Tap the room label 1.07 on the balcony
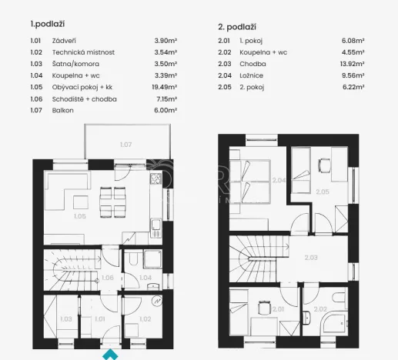click(x=125, y=144)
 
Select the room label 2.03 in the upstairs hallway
click(x=311, y=258)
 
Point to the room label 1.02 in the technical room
click(x=144, y=318)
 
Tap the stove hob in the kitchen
click(x=155, y=180)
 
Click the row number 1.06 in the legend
click(x=35, y=99)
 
